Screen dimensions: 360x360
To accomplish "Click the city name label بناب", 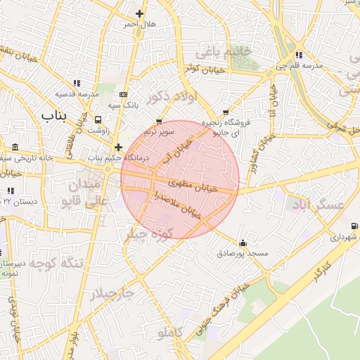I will pyautogui.click(x=53, y=115).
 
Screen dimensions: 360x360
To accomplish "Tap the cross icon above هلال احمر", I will pyautogui.click(x=139, y=13).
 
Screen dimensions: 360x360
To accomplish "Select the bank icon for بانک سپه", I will pyautogui.click(x=124, y=94).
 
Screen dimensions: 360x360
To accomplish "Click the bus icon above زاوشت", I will pyautogui.click(x=98, y=120).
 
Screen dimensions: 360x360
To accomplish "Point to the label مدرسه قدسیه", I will pyautogui.click(x=76, y=94).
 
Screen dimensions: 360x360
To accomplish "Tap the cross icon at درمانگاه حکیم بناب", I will pyautogui.click(x=118, y=148).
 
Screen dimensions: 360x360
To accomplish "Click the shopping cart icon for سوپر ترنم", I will pyautogui.click(x=159, y=121).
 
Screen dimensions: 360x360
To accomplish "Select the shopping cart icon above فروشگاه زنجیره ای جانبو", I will pyautogui.click(x=225, y=112).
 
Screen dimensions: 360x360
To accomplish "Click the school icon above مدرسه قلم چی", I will pyautogui.click(x=299, y=55).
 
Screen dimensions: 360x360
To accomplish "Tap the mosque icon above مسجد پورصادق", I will pyautogui.click(x=243, y=242).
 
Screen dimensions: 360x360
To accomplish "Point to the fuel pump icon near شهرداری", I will pyautogui.click(x=353, y=226).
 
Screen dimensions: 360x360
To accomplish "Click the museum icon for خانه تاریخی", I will pyautogui.click(x=15, y=147).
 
